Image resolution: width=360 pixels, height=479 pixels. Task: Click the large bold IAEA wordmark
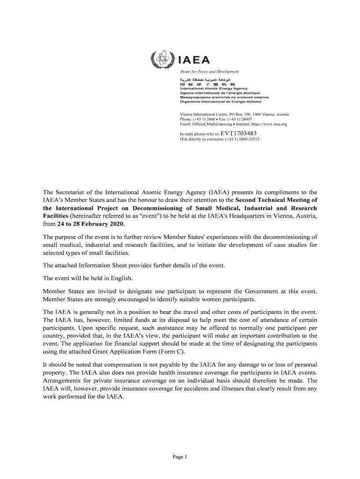194,60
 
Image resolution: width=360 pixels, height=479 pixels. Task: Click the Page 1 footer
180,457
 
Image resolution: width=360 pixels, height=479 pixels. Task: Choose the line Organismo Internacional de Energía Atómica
221,102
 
